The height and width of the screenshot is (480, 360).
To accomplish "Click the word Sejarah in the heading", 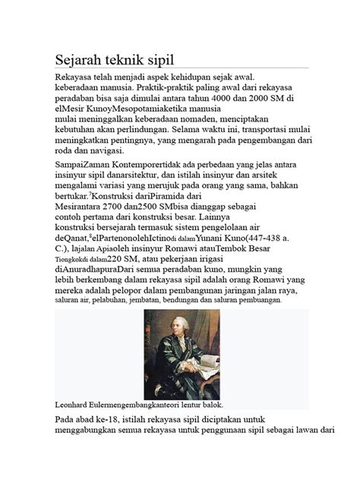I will (80, 59).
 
